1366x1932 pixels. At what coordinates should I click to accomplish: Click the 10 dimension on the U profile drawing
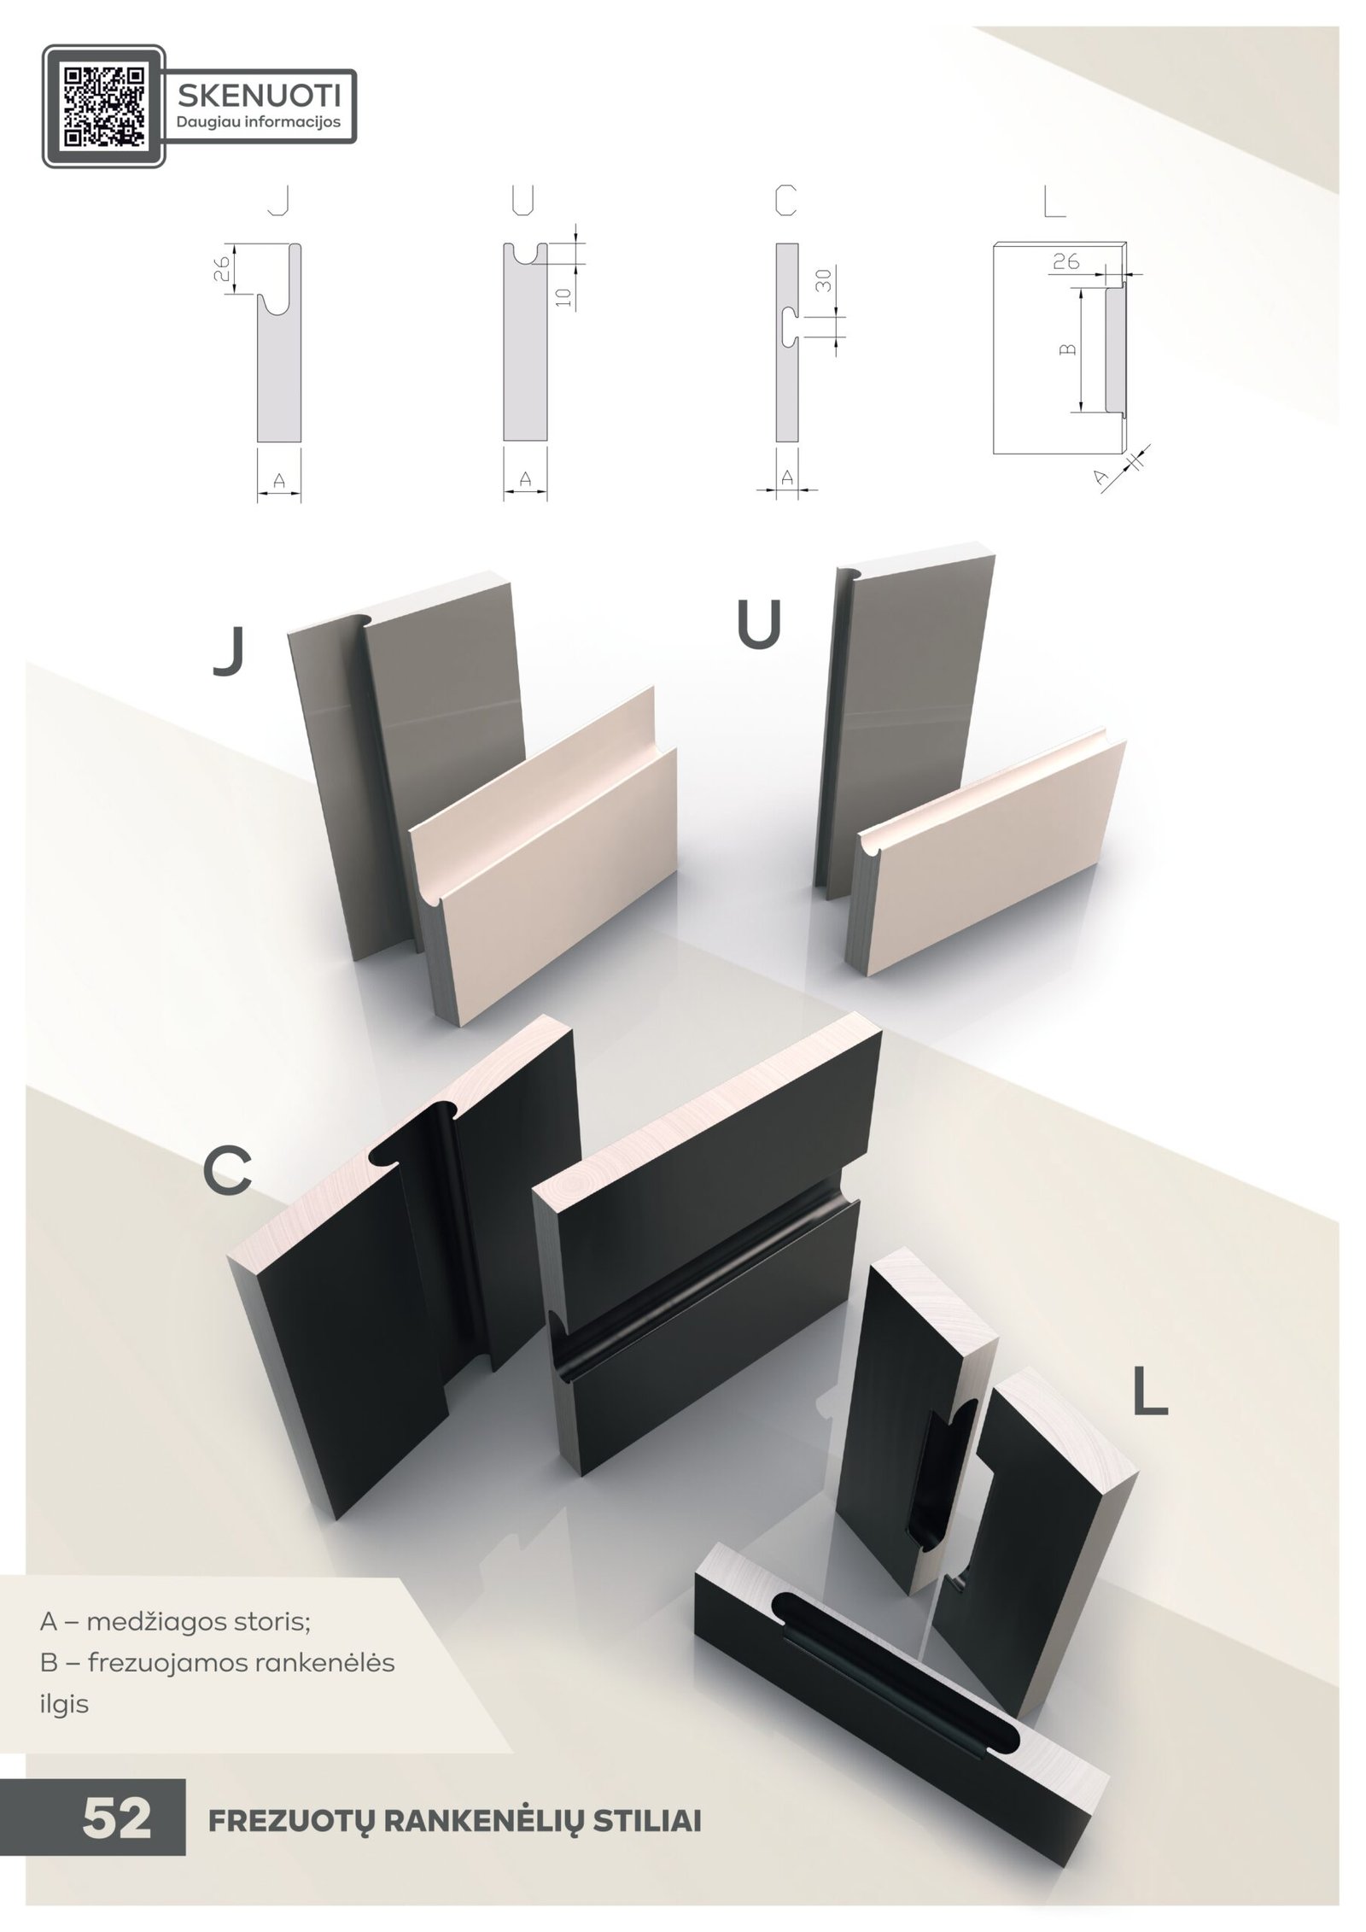(x=562, y=296)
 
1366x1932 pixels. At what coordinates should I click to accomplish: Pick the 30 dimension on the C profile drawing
(x=823, y=280)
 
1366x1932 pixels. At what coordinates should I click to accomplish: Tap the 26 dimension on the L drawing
(x=1065, y=261)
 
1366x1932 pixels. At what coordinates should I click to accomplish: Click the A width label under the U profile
(x=526, y=480)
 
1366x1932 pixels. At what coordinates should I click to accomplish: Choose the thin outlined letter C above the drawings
(x=785, y=202)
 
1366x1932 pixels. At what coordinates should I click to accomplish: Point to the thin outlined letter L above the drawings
(x=1055, y=202)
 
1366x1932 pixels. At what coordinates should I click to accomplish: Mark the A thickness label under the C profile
(x=786, y=479)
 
